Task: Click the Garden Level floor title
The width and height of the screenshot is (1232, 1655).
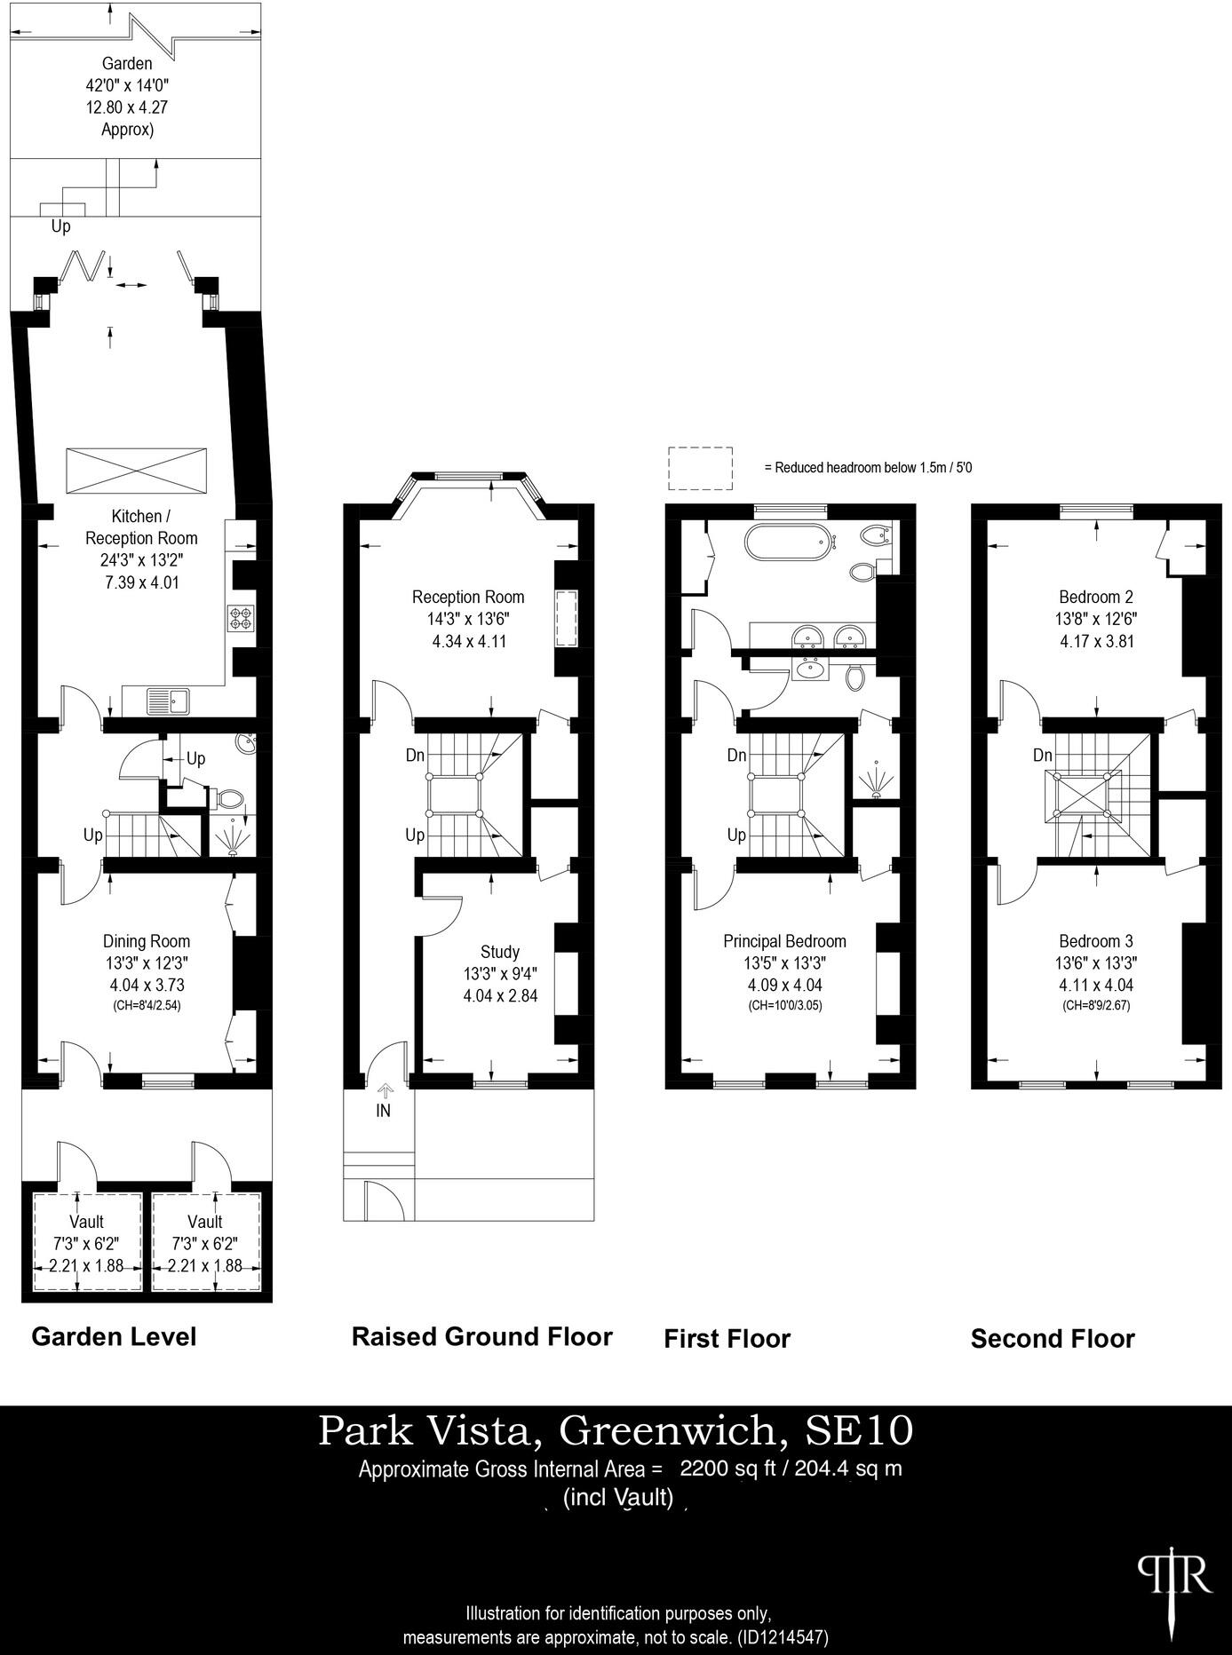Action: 114,1336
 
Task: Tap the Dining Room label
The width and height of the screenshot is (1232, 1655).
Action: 147,941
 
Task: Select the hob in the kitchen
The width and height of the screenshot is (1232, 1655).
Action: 241,617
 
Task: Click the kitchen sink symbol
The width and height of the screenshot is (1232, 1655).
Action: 168,701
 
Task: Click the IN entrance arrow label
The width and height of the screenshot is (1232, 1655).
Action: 384,1111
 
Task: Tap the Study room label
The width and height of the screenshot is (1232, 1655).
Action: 500,952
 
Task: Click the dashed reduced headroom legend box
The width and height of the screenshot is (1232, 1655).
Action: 701,469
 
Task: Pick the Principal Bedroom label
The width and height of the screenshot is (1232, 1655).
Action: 784,941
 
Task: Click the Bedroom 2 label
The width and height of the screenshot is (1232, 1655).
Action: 1095,597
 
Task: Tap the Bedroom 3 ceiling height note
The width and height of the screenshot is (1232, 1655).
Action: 1096,1006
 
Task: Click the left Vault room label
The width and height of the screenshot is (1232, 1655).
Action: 86,1222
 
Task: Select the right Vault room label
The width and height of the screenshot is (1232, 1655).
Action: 205,1222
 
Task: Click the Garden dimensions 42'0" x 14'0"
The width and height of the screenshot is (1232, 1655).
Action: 127,86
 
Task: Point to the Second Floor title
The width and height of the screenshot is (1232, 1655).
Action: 1053,1338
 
